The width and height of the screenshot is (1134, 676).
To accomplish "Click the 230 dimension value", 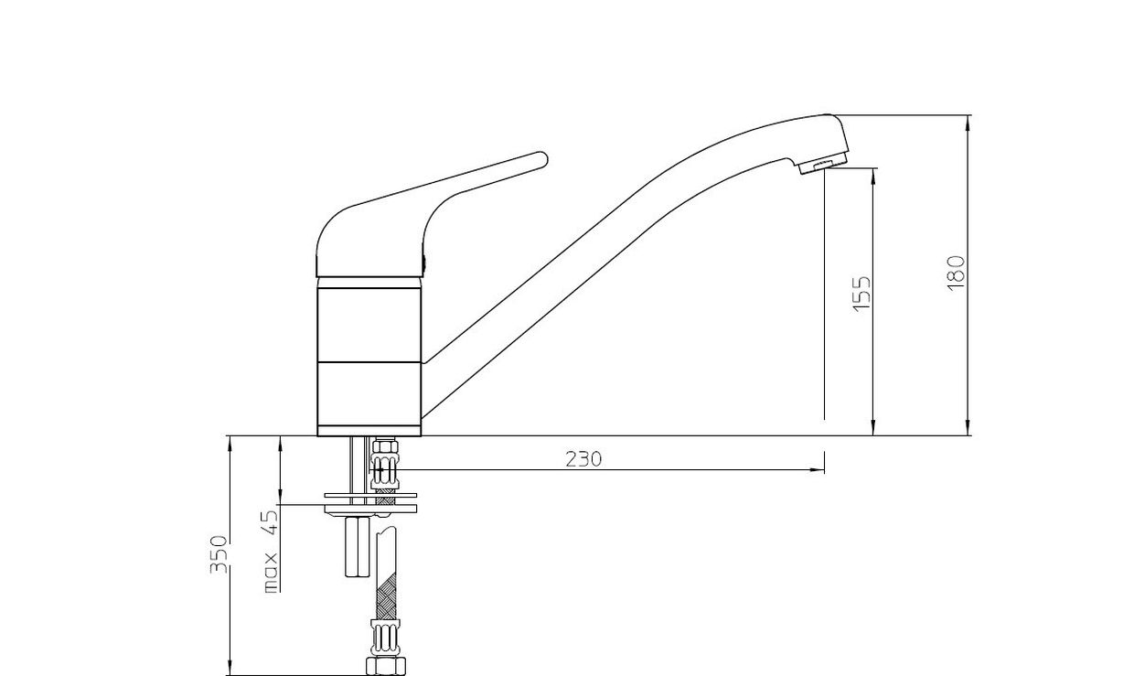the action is pos(583,459).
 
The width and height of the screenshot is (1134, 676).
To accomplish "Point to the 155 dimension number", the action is pos(862,294).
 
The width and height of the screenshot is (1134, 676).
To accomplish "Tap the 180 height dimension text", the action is pos(956,273).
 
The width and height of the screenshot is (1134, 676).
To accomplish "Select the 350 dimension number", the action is pos(219,554).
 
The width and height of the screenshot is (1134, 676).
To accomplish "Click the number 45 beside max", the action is pos(271,522).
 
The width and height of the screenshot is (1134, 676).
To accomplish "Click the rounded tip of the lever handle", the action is pos(542,158).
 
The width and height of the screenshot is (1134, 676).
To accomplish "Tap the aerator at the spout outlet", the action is pos(823,165).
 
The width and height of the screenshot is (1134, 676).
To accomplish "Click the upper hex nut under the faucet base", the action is pos(385,447).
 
